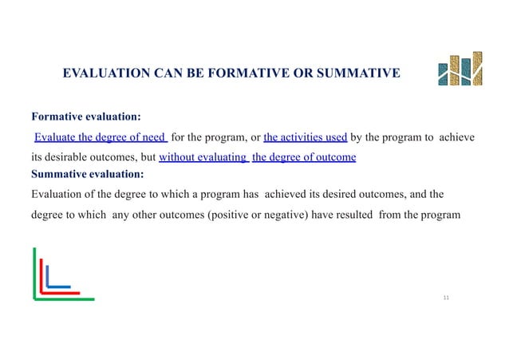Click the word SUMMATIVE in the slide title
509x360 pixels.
click(353, 75)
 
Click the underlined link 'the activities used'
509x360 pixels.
click(305, 136)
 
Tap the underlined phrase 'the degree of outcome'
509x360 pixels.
click(304, 156)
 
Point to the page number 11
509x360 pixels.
click(446, 297)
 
